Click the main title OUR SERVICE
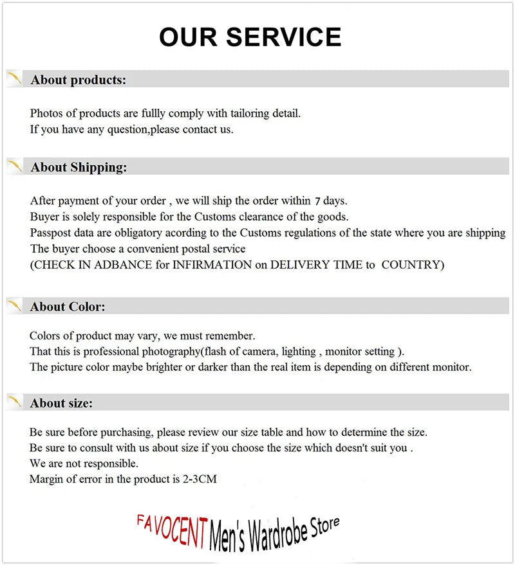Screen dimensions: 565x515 coord(250,37)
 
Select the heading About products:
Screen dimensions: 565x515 coord(78,80)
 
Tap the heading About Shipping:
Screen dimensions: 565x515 coord(79,167)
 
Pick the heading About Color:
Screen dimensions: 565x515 coord(67,307)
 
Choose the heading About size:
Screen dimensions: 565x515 coord(61,403)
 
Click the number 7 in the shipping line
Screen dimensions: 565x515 coord(317,201)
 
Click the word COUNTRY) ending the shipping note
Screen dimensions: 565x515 coord(413,265)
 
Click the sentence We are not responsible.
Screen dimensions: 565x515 coord(84,463)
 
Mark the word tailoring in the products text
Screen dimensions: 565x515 coord(247,113)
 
